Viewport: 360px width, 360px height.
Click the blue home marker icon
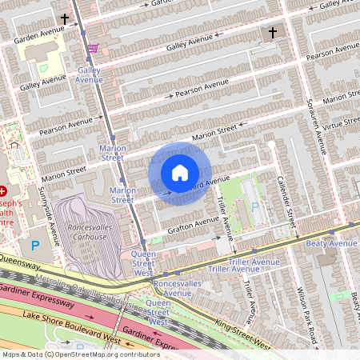point(180,173)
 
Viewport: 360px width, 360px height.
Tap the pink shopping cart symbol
point(94,49)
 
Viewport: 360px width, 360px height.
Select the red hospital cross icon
point(3,191)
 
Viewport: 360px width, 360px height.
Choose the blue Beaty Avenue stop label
point(332,242)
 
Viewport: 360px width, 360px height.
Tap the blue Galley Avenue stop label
point(89,75)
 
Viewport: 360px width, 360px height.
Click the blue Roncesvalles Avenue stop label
point(177,288)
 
